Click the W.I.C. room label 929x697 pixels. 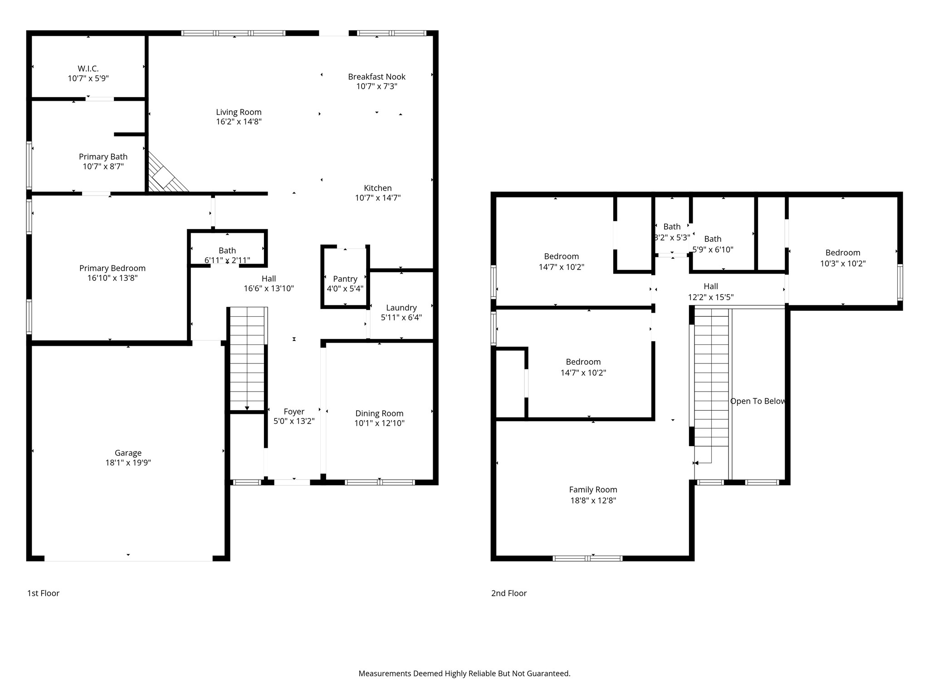(x=88, y=69)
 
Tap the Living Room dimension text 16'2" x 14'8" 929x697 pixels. (x=239, y=122)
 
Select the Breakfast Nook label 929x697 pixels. (x=376, y=77)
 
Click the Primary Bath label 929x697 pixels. (x=103, y=157)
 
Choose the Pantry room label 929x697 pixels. (x=345, y=279)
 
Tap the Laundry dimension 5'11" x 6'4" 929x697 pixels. (x=401, y=317)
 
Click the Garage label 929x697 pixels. (x=128, y=453)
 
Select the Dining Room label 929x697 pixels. (x=379, y=413)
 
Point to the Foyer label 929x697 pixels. (x=294, y=412)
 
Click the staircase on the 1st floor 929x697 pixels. (x=247, y=358)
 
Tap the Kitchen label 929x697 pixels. (x=378, y=188)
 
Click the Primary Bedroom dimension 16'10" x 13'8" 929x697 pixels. (x=112, y=278)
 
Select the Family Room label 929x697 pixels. (x=593, y=490)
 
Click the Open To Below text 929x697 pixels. (x=758, y=401)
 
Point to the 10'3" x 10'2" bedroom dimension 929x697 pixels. (x=843, y=263)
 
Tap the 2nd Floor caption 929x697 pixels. (x=509, y=593)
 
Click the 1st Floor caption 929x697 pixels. (x=44, y=593)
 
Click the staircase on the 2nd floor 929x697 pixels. (x=711, y=386)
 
